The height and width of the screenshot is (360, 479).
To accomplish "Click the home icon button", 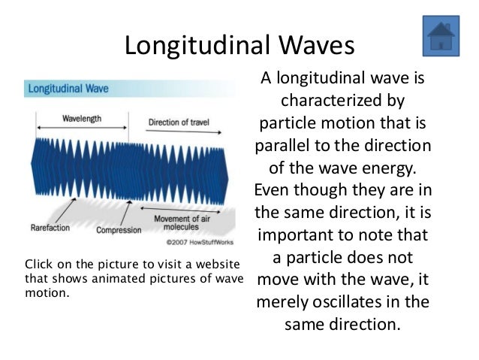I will pos(441,35).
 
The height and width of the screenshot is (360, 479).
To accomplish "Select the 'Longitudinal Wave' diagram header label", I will pos(68,89).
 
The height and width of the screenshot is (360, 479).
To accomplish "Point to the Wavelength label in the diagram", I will pos(82,119).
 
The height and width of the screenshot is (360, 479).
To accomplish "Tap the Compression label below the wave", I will pos(118,230).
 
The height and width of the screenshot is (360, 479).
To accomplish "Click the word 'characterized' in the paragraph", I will pos(342,101).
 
